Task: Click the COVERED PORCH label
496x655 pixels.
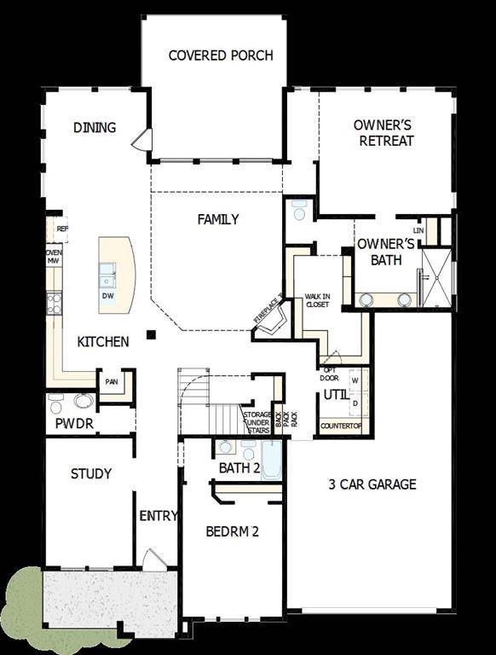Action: [x=221, y=56]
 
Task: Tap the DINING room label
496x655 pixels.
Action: [x=94, y=128]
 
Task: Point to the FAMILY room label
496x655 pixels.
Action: [x=218, y=220]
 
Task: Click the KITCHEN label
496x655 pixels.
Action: [x=103, y=342]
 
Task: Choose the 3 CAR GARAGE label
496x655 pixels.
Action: [x=372, y=484]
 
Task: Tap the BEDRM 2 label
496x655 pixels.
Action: [x=232, y=531]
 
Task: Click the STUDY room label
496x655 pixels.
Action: [x=90, y=474]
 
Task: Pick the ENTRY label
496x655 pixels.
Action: [x=159, y=515]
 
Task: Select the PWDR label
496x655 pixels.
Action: [x=74, y=423]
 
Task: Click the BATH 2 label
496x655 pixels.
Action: [x=239, y=468]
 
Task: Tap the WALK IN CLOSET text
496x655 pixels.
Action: [x=317, y=299]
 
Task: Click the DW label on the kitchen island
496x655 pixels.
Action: [x=107, y=296]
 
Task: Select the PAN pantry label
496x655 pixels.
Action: [x=112, y=382]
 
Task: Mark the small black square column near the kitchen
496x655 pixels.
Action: [x=150, y=334]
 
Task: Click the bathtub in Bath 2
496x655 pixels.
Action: [x=270, y=461]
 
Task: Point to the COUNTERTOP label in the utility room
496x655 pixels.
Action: [x=341, y=426]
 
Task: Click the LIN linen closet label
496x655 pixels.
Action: [x=418, y=231]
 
